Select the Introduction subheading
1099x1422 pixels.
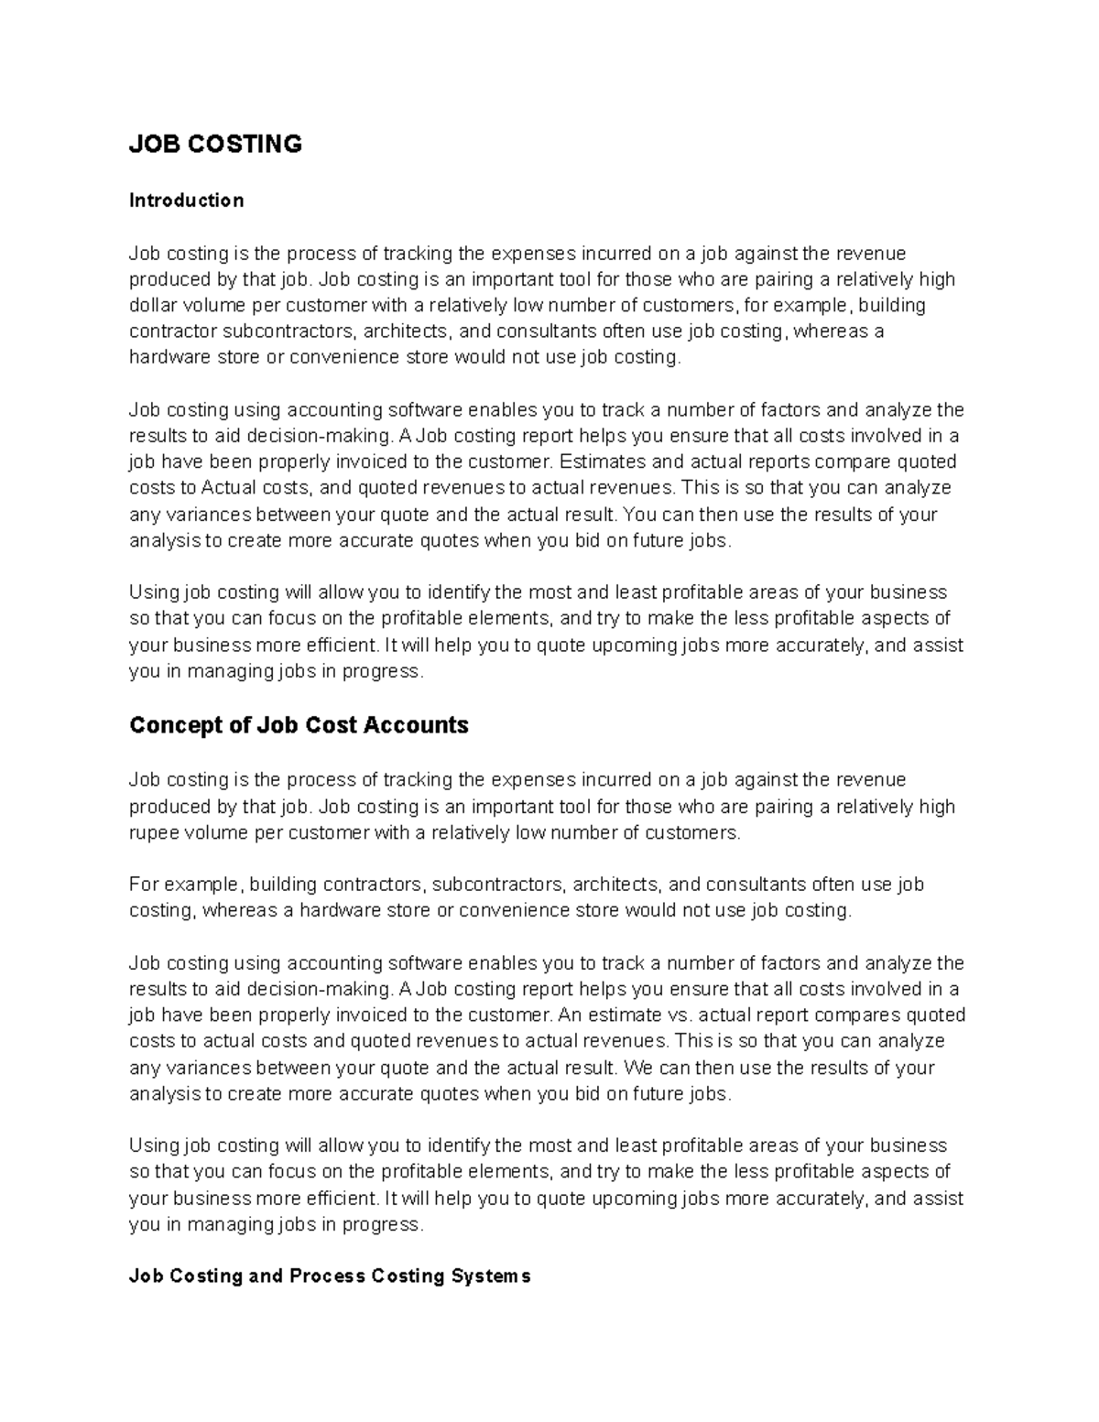[x=186, y=201]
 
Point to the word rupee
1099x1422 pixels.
[x=152, y=832]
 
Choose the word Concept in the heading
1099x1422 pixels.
[x=173, y=726]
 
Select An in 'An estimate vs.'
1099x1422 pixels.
[x=569, y=1015]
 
